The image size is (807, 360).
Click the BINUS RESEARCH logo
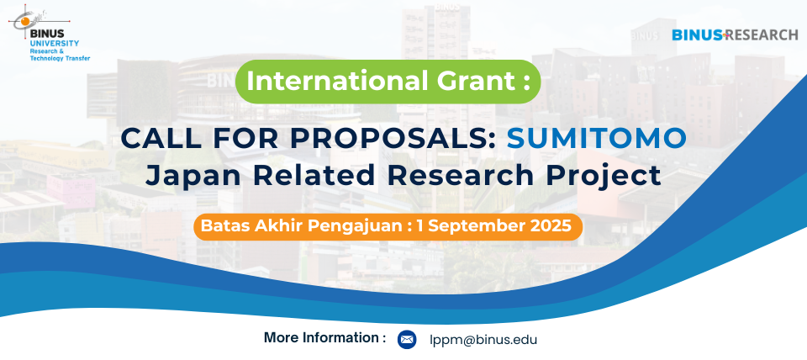point(735,35)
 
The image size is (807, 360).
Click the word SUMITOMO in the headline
point(597,138)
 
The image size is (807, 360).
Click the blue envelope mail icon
point(407,340)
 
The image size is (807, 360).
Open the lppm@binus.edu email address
point(484,340)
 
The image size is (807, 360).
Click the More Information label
point(324,338)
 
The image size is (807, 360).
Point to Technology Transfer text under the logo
point(61,58)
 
